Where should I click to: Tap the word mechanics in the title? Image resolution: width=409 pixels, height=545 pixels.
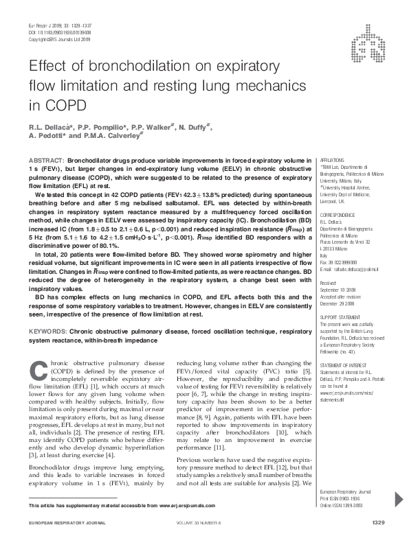(226, 86)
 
